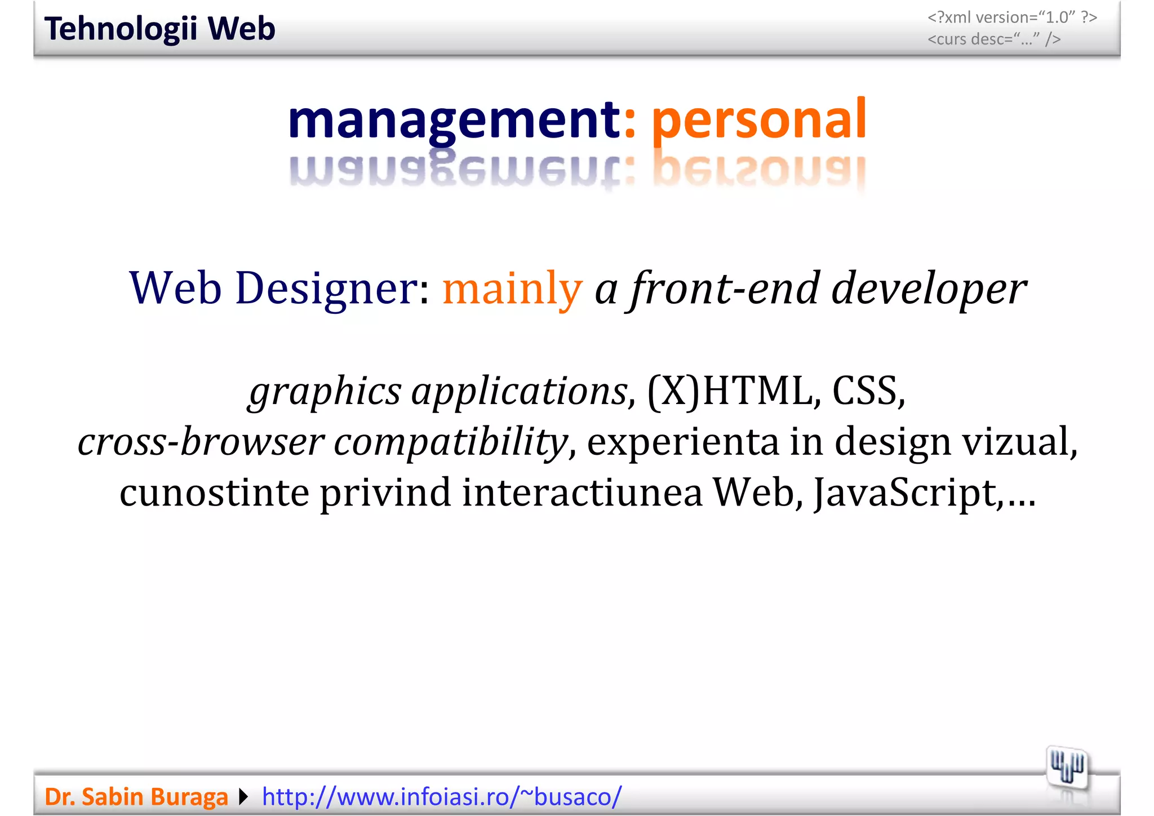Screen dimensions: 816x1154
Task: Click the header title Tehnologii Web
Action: point(159,29)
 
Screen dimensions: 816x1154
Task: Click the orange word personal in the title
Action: point(758,119)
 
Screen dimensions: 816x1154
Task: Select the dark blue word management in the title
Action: point(454,119)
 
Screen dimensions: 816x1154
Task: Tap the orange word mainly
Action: point(512,289)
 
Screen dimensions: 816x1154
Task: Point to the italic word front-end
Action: point(725,289)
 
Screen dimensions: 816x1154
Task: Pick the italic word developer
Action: point(929,289)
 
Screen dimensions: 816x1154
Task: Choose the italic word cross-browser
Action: point(201,441)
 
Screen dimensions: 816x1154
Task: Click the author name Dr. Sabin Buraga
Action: point(136,797)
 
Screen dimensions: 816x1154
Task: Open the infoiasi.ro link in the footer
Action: point(442,797)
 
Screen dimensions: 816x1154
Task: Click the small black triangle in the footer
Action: point(243,797)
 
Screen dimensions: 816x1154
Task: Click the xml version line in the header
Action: point(1012,18)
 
